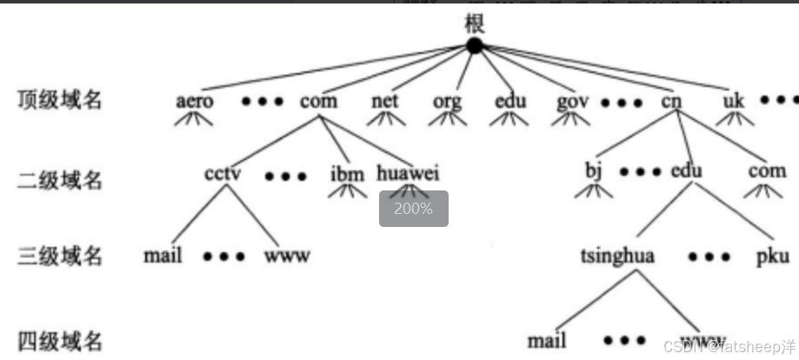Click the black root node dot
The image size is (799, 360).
[474, 46]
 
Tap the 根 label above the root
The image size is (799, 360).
[475, 23]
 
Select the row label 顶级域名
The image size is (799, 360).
[60, 100]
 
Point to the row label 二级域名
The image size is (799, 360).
[60, 180]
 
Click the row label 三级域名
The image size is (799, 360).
[60, 257]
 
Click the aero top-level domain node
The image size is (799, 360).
[194, 101]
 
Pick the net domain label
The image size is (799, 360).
[384, 101]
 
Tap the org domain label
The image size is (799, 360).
[448, 101]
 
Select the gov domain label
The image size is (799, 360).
[574, 101]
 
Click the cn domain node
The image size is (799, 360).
[671, 101]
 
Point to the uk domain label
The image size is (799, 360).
[734, 101]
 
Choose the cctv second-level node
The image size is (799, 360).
[223, 172]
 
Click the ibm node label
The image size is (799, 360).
[347, 173]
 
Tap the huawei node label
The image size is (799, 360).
[409, 173]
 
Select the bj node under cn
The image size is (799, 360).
[594, 171]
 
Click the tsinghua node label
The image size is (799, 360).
[617, 257]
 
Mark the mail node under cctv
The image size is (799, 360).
[163, 257]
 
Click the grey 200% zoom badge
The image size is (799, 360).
[413, 209]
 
